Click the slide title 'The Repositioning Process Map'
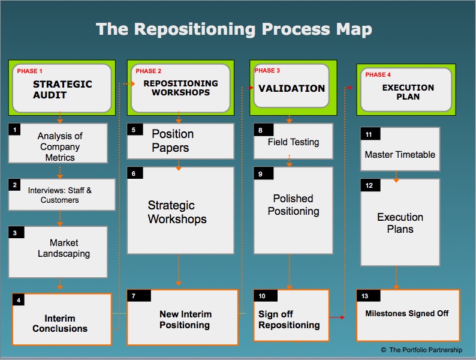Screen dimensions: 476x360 point(234,29)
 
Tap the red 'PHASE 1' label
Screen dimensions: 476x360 point(29,71)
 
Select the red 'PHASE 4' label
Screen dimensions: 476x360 point(378,75)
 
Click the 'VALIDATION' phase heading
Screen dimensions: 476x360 point(291,88)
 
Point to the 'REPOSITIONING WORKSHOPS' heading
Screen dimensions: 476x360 point(180,88)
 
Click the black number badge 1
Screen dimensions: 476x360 point(14,130)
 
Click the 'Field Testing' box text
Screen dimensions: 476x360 point(293,142)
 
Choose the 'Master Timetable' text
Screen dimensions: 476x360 point(400,155)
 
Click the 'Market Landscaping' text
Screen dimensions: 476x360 point(64,248)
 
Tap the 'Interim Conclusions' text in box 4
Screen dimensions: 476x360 point(60,323)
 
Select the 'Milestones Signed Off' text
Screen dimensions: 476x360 point(407,313)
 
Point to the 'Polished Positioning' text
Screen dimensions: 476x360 point(293,205)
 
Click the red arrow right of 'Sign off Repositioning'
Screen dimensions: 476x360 point(337,317)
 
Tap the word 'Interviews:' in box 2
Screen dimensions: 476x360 point(46,190)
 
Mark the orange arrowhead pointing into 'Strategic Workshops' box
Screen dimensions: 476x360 point(179,169)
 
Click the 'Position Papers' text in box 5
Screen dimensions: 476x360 point(173,140)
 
